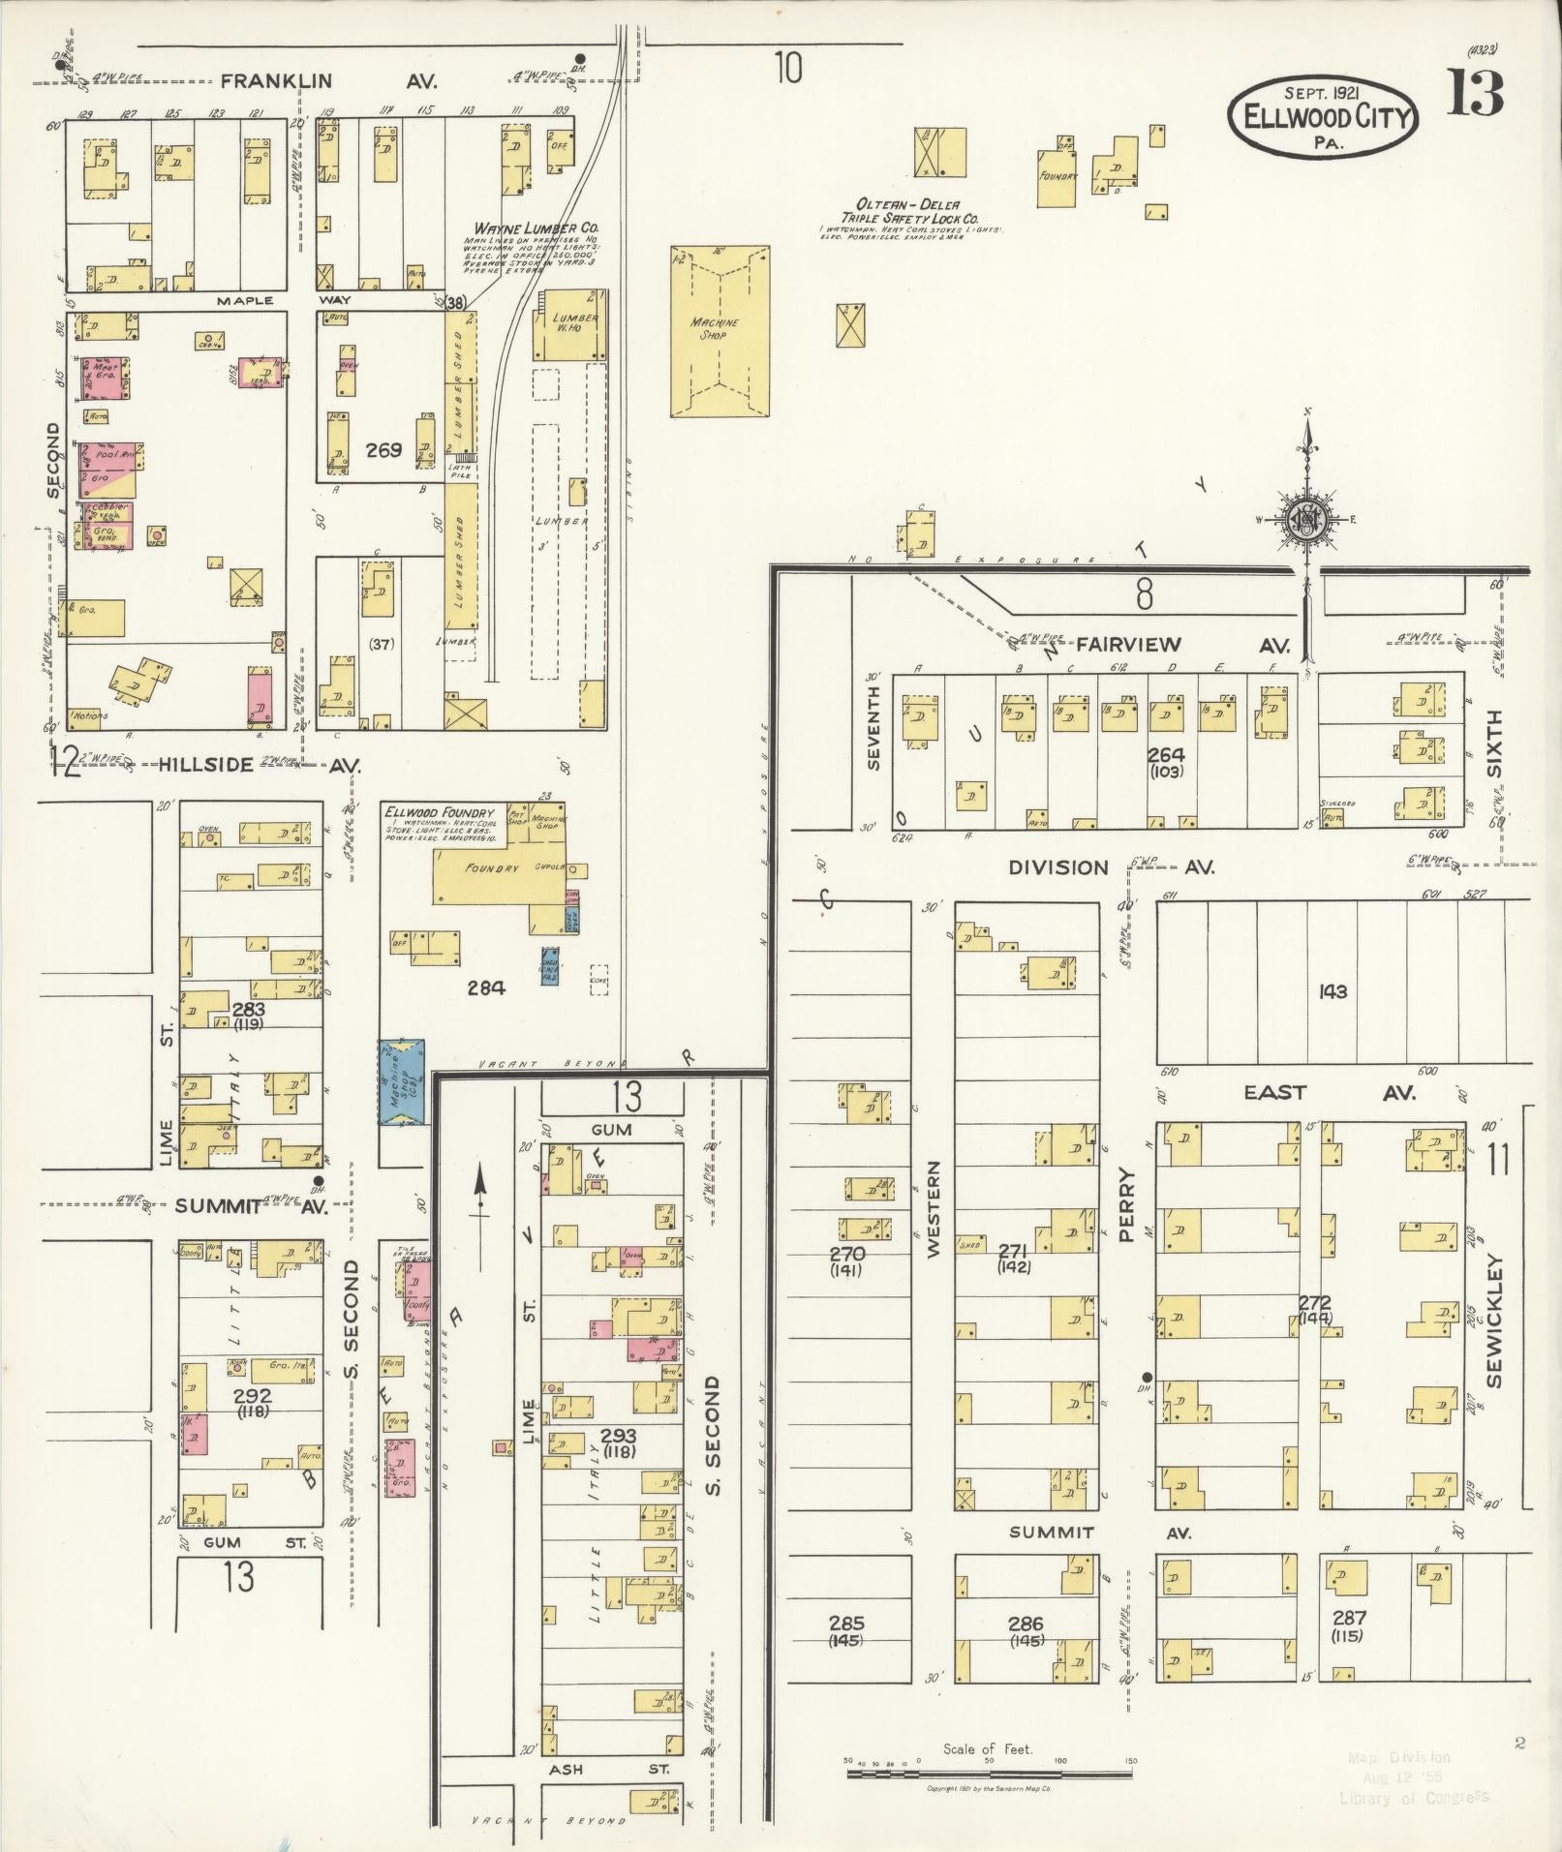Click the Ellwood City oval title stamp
(x=1323, y=118)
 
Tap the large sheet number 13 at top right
(x=1475, y=95)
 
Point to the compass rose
(x=1307, y=521)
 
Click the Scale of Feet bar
(x=989, y=1774)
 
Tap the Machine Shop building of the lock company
(x=720, y=330)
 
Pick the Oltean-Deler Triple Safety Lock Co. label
(x=908, y=212)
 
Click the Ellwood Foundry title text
(x=439, y=811)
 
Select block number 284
(x=486, y=987)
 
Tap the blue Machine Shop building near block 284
(x=402, y=1081)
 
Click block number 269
(x=383, y=450)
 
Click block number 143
(x=1332, y=991)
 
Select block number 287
(x=1347, y=1618)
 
